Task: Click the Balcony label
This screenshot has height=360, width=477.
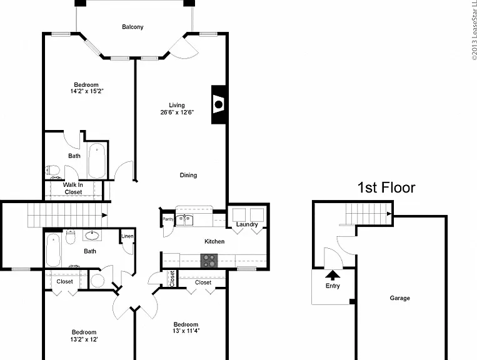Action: point(133,27)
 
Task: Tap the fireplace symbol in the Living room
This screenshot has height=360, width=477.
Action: point(219,104)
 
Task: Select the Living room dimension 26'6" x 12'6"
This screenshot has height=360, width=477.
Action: point(177,112)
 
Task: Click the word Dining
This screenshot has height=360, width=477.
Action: point(188,175)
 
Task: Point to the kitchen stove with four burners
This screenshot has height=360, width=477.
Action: point(209,261)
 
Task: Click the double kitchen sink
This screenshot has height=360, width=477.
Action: point(184,220)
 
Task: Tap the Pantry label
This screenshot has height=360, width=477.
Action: point(168,219)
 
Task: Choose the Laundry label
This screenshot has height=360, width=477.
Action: point(247,224)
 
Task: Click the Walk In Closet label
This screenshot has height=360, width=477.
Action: point(73,189)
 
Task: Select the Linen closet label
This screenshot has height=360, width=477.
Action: point(128,236)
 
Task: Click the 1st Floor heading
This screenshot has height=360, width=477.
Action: point(386,187)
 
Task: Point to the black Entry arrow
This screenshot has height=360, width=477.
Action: point(333,275)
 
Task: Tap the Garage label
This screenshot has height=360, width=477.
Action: point(399,298)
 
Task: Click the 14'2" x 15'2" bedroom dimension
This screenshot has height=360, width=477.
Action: point(87,91)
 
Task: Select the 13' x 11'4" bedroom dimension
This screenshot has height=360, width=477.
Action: point(186,331)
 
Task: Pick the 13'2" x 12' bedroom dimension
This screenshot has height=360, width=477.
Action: point(84,339)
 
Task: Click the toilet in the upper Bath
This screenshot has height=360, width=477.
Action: point(52,169)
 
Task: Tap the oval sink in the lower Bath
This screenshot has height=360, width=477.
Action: point(91,235)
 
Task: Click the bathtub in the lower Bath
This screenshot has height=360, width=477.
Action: point(53,250)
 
